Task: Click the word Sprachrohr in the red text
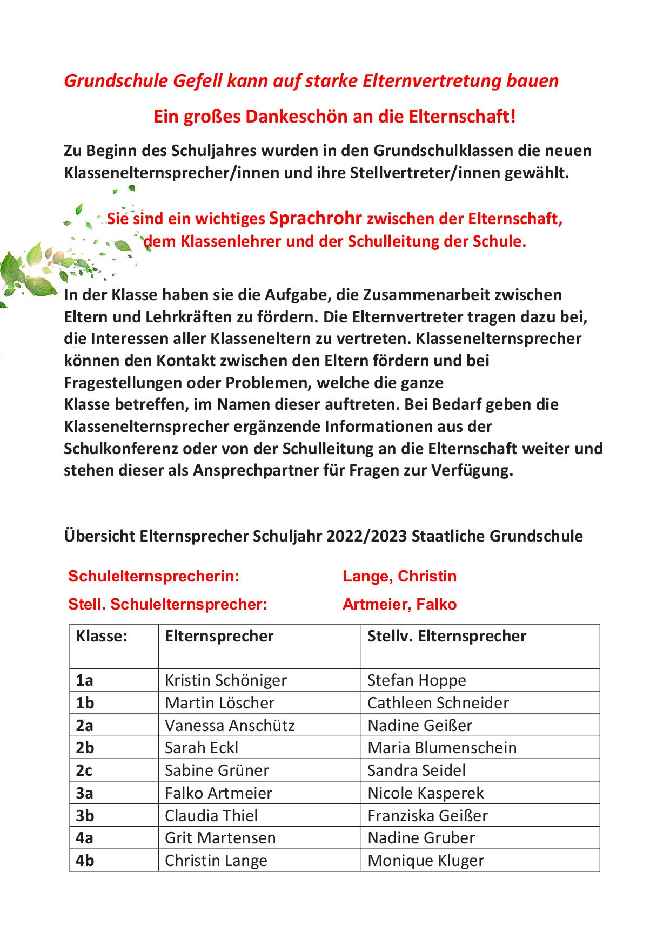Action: (x=315, y=218)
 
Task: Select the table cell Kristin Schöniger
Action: (x=225, y=680)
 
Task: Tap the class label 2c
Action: (x=84, y=770)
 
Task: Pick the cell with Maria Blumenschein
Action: (x=441, y=748)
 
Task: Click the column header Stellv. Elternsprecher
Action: (x=446, y=636)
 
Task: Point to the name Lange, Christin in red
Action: (x=399, y=576)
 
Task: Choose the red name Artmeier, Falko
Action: (x=399, y=604)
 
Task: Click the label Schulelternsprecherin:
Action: (x=153, y=576)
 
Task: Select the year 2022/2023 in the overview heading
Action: (x=366, y=536)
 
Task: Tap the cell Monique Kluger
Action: (x=425, y=861)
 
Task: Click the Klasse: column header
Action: (x=102, y=636)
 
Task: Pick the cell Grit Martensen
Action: (x=220, y=838)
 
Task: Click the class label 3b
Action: (x=85, y=815)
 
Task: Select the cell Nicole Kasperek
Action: (x=425, y=793)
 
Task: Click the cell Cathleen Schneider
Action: (x=438, y=703)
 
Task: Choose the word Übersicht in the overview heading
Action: (x=99, y=536)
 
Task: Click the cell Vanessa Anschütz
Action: (x=230, y=725)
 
